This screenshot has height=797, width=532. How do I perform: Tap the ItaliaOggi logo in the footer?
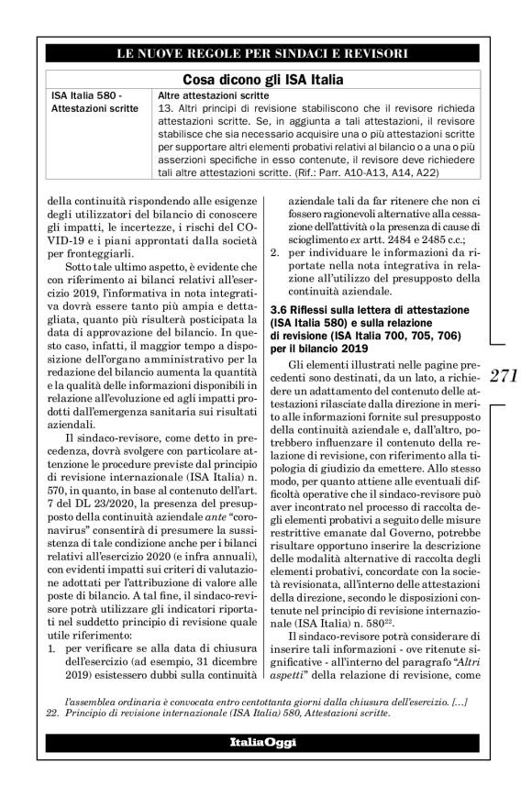pos(264,743)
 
